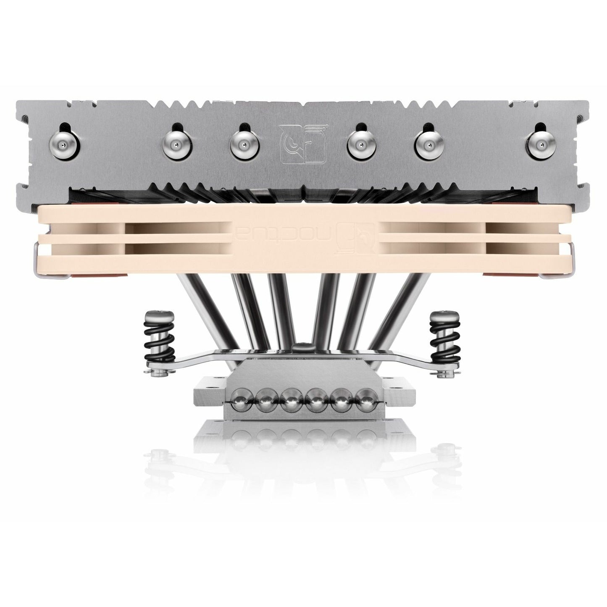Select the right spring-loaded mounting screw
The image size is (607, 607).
coord(442,336)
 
